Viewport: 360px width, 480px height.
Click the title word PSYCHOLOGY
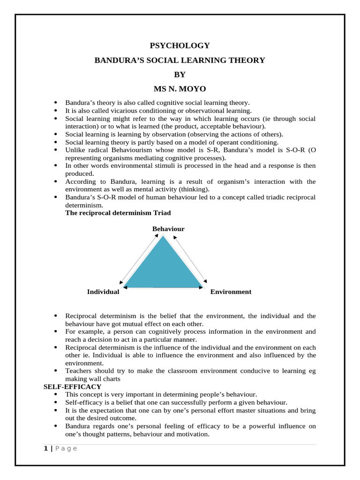click(180, 45)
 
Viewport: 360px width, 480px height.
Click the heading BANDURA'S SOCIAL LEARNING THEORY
click(180, 60)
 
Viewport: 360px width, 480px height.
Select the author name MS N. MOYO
click(180, 89)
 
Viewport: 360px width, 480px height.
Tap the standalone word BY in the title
click(180, 75)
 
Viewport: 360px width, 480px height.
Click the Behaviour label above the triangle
click(168, 229)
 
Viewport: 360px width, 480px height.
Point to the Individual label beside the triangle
click(103, 292)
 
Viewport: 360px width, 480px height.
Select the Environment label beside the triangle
click(231, 292)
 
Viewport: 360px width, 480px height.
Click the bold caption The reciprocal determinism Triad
click(118, 213)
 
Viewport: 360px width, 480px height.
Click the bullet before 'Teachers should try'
click(56, 371)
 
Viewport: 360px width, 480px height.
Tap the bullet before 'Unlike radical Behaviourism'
click(56, 150)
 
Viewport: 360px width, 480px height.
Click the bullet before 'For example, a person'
click(56, 332)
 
